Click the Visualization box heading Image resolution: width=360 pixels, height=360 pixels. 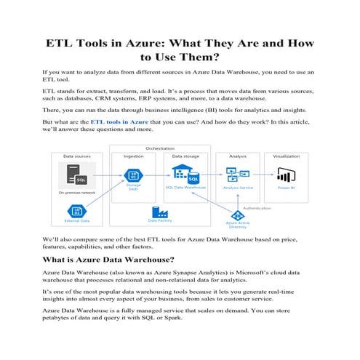(286, 156)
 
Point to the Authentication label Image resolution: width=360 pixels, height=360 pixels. (257, 207)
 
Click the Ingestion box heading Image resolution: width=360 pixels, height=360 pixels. (133, 156)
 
